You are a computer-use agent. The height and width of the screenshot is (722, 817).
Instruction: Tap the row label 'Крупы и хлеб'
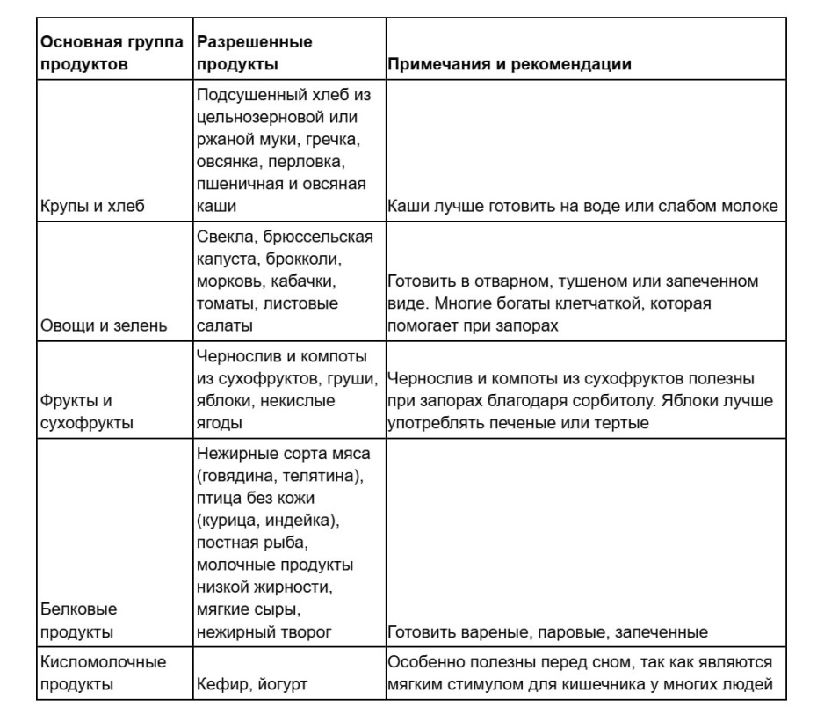(x=91, y=207)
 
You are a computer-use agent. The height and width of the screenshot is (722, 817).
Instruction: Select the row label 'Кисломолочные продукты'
(x=101, y=673)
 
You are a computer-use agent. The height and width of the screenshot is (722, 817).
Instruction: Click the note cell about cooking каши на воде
(x=582, y=207)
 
